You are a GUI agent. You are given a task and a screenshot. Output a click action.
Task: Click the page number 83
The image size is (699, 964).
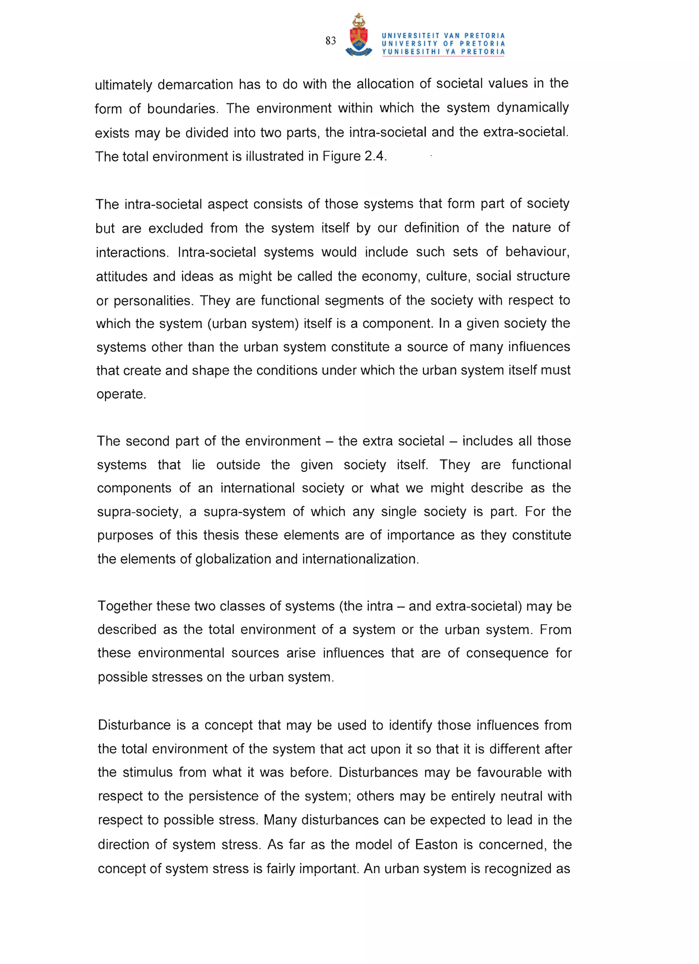coord(331,41)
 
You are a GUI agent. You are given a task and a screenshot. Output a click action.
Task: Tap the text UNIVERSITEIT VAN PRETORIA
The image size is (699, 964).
coord(443,36)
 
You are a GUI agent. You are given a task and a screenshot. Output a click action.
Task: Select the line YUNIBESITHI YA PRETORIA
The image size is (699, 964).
coord(443,52)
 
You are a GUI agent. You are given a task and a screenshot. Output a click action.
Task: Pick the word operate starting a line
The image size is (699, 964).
coord(121,394)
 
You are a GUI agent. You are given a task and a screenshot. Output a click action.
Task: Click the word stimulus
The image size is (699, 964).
coord(148,772)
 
